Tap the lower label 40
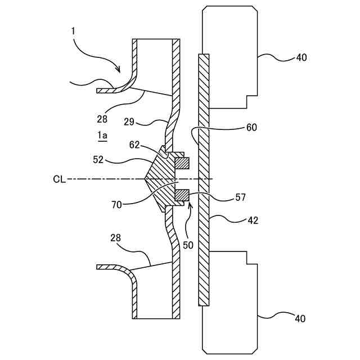(300, 319)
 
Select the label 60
(251, 127)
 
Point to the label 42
(253, 220)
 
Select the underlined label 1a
(102, 135)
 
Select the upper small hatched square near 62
(182, 163)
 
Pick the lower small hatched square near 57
(182, 196)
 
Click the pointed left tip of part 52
(145, 179)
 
